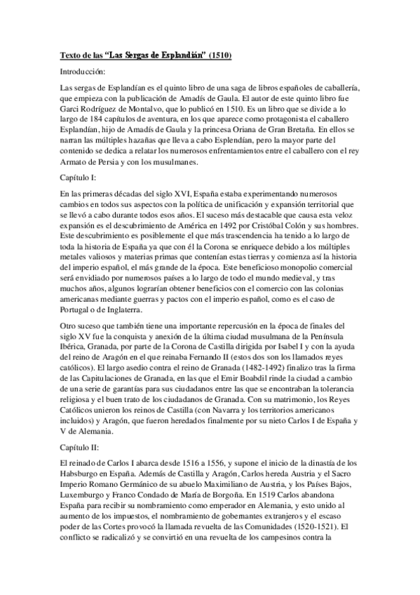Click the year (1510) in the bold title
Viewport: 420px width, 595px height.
pyautogui.click(x=219, y=55)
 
